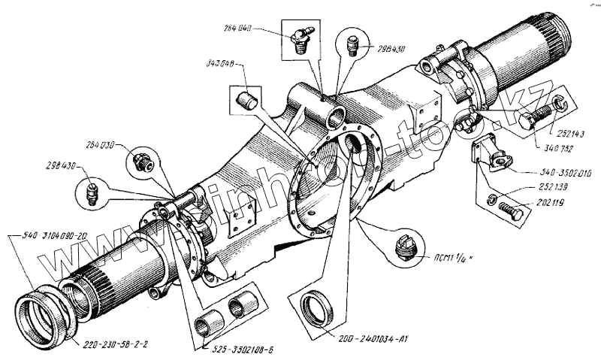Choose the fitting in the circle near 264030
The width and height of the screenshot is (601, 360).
point(140,161)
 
